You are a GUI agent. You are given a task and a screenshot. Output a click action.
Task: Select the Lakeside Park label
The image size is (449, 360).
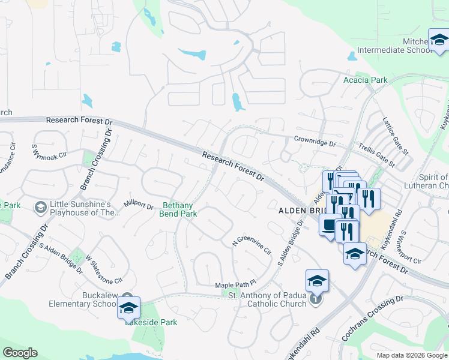[x=151, y=322]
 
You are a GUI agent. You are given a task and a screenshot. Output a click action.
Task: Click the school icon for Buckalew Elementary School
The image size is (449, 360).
[x=128, y=308]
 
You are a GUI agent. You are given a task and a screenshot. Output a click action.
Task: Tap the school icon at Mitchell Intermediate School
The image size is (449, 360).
[x=439, y=40]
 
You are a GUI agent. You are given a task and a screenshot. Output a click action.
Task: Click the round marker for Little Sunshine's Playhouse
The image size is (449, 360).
[x=41, y=207]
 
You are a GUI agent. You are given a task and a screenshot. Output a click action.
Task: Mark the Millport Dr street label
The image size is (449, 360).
[x=139, y=204]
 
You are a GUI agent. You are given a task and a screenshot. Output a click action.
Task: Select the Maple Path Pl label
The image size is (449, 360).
[x=236, y=283]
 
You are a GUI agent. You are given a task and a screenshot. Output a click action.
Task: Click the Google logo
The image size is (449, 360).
[x=20, y=353]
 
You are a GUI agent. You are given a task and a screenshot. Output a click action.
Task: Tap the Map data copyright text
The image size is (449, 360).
[x=412, y=355]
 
